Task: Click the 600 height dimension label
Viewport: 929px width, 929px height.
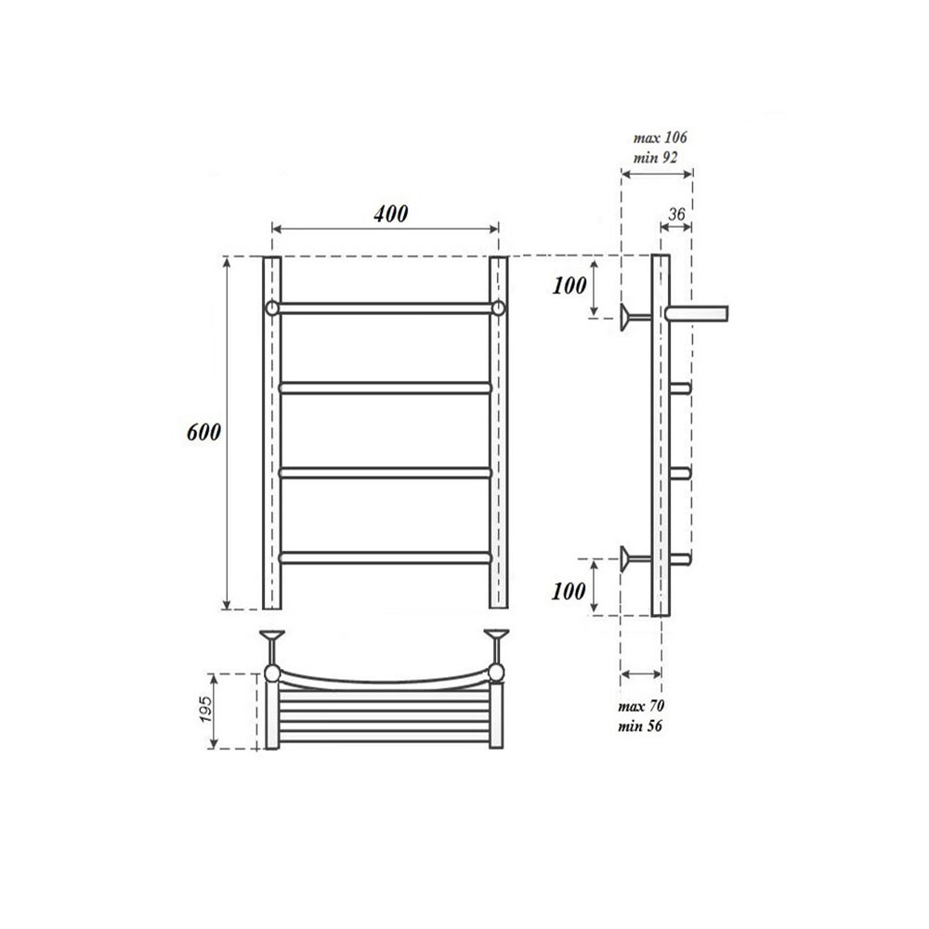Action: click(203, 433)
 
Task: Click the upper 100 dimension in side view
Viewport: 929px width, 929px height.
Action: click(569, 285)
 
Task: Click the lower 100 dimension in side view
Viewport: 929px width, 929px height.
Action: click(569, 589)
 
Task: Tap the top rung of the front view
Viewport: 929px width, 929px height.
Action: click(385, 307)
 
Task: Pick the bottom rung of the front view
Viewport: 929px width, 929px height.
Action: click(385, 557)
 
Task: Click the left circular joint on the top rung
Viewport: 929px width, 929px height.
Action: click(271, 307)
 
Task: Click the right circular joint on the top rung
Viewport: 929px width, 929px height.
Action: click(499, 307)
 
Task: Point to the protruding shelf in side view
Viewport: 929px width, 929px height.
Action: click(699, 312)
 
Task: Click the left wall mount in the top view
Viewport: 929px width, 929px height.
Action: click(272, 639)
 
